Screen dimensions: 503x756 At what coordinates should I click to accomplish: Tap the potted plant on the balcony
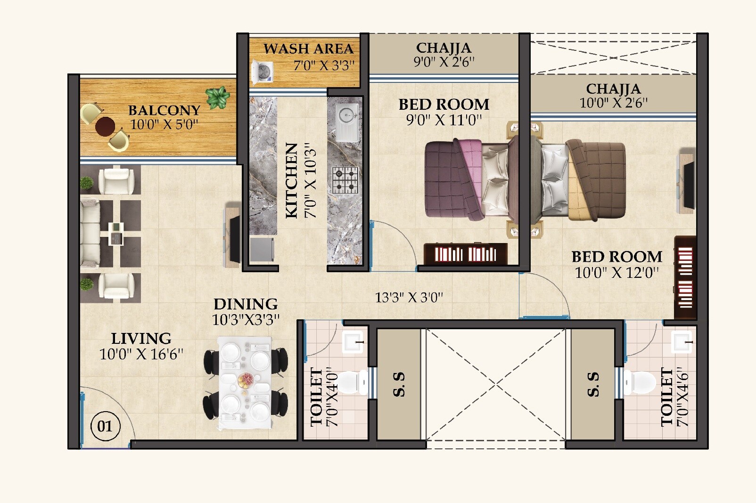[x=217, y=97]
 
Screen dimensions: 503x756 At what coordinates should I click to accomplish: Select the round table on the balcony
[x=105, y=126]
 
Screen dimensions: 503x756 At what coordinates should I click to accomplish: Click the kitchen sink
[x=346, y=114]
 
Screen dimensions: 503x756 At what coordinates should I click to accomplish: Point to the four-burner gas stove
[x=345, y=180]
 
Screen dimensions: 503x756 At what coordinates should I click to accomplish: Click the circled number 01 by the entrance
[x=105, y=426]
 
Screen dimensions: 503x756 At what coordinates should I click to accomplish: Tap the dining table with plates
[x=245, y=382]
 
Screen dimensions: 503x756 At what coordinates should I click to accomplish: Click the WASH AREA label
[x=308, y=49]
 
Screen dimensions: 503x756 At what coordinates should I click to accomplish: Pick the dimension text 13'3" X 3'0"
[x=409, y=298]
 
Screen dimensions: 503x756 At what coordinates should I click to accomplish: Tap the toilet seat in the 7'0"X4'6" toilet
[x=641, y=382]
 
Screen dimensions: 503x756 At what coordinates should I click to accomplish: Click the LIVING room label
[x=141, y=338]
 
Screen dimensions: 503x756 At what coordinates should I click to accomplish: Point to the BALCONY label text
[x=164, y=110]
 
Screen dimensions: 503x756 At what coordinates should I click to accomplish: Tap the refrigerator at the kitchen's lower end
[x=262, y=249]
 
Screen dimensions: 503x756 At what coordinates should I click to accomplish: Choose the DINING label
[x=246, y=304]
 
